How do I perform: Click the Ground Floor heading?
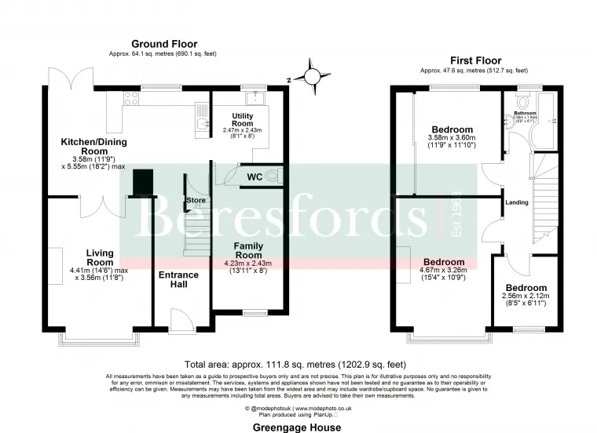pyautogui.click(x=164, y=44)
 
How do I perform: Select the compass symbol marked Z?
pyautogui.click(x=314, y=77)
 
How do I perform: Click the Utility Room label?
pyautogui.click(x=242, y=120)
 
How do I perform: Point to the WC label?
pyautogui.click(x=254, y=177)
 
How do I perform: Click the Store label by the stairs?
pyautogui.click(x=196, y=201)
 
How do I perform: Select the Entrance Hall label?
pyautogui.click(x=174, y=279)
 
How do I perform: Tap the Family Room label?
pyautogui.click(x=249, y=251)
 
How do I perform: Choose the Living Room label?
pyautogui.click(x=100, y=257)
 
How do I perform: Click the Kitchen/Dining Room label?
pyautogui.click(x=94, y=147)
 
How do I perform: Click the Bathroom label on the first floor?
pyautogui.click(x=525, y=113)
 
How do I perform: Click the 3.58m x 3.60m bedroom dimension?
pyautogui.click(x=452, y=137)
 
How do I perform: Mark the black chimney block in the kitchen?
pyautogui.click(x=143, y=183)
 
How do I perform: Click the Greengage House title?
pyautogui.click(x=298, y=428)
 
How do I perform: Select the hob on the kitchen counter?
pyautogui.click(x=130, y=100)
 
